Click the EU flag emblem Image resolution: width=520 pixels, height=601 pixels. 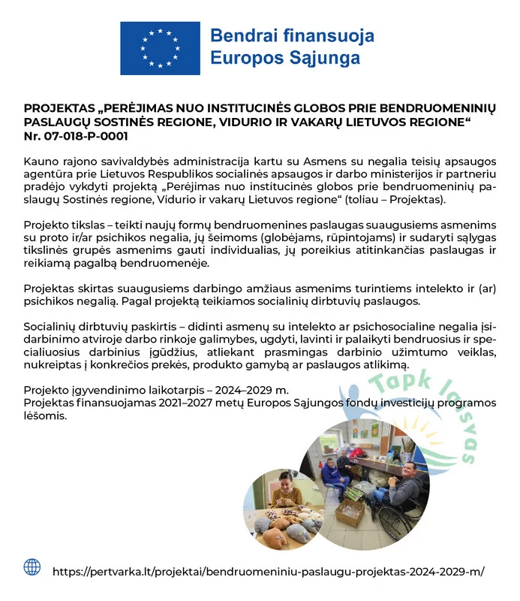160,47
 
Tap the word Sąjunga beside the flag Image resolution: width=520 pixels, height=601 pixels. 325,58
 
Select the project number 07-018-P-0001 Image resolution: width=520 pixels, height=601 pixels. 85,137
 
